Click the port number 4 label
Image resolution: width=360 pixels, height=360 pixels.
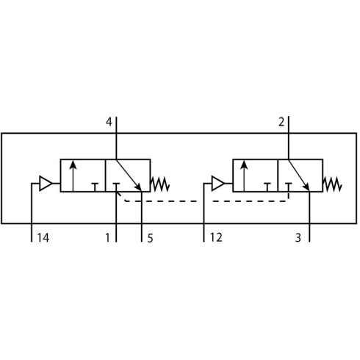[x=109, y=122]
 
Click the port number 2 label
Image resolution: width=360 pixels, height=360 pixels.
[x=281, y=122]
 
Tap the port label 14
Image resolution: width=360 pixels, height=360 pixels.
[x=43, y=237]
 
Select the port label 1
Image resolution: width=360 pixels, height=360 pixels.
[x=108, y=237]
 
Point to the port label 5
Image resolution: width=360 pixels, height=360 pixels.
[x=150, y=238]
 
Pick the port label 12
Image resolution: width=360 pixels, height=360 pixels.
[x=216, y=237]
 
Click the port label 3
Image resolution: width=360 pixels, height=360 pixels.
[x=298, y=237]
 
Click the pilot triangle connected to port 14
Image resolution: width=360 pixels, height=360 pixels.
[x=46, y=183]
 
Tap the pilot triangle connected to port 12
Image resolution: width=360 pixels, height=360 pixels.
[x=218, y=183]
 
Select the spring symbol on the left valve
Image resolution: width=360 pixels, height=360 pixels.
[x=160, y=184]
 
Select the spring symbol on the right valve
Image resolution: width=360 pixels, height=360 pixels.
[x=332, y=184]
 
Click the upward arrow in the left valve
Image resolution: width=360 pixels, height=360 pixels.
[x=73, y=176]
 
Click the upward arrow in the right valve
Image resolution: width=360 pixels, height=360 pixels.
[x=244, y=176]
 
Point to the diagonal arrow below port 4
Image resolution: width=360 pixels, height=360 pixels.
[x=129, y=175]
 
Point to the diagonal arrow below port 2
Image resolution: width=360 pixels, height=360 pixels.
[x=299, y=175]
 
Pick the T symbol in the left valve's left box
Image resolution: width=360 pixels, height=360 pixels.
[x=95, y=187]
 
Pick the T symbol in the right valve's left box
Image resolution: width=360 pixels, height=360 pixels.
[x=267, y=187]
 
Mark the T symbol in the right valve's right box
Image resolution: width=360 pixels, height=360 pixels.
[x=289, y=187]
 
